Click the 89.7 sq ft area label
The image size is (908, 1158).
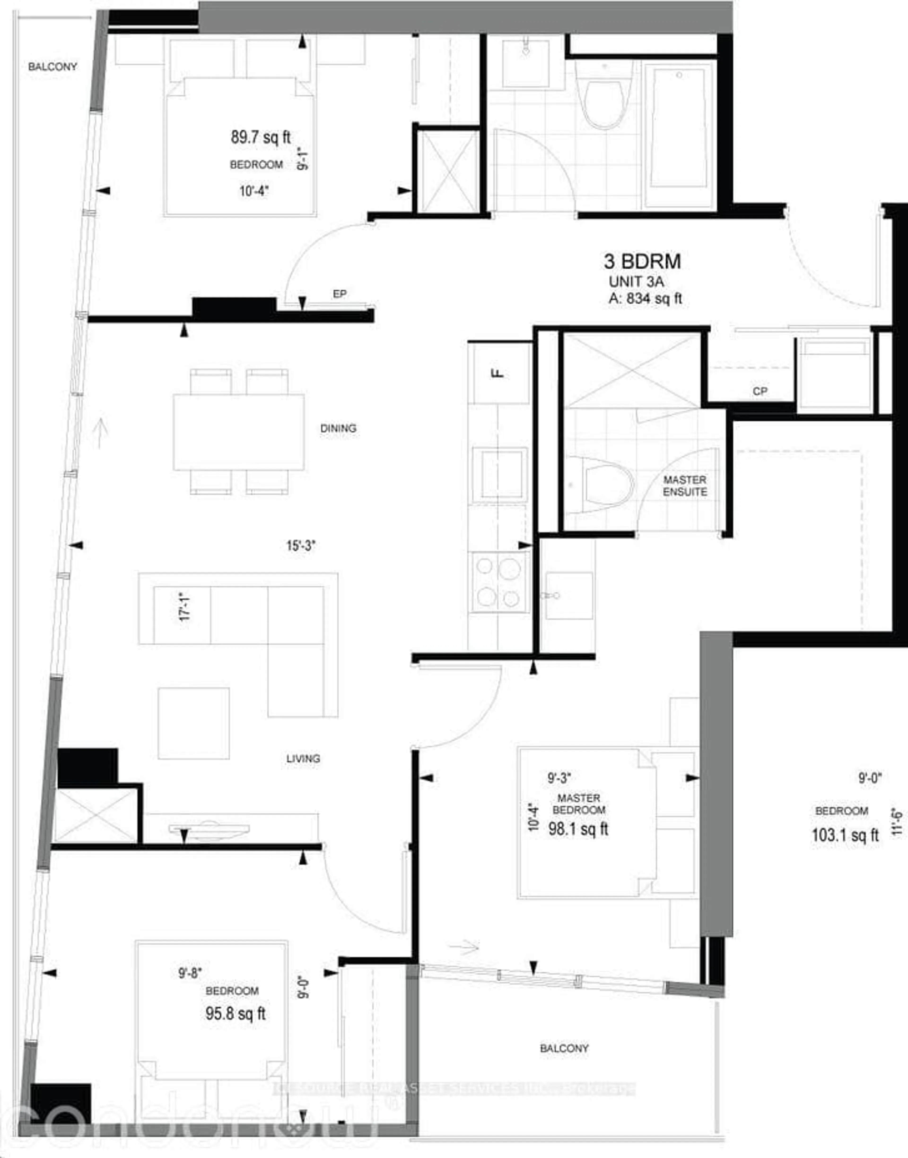tap(261, 138)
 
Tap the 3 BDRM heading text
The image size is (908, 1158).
tap(642, 262)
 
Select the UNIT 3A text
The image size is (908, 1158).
tap(636, 282)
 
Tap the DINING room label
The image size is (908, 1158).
tap(338, 428)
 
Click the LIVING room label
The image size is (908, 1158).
tap(303, 759)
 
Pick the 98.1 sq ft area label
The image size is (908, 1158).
tap(578, 829)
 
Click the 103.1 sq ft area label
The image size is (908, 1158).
tap(845, 835)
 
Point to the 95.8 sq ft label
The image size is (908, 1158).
tap(236, 1013)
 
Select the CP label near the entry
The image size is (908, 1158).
tap(760, 391)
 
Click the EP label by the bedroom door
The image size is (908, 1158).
tap(340, 294)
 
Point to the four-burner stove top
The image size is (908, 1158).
tap(498, 582)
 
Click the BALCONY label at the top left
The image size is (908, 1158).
tap(53, 67)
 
